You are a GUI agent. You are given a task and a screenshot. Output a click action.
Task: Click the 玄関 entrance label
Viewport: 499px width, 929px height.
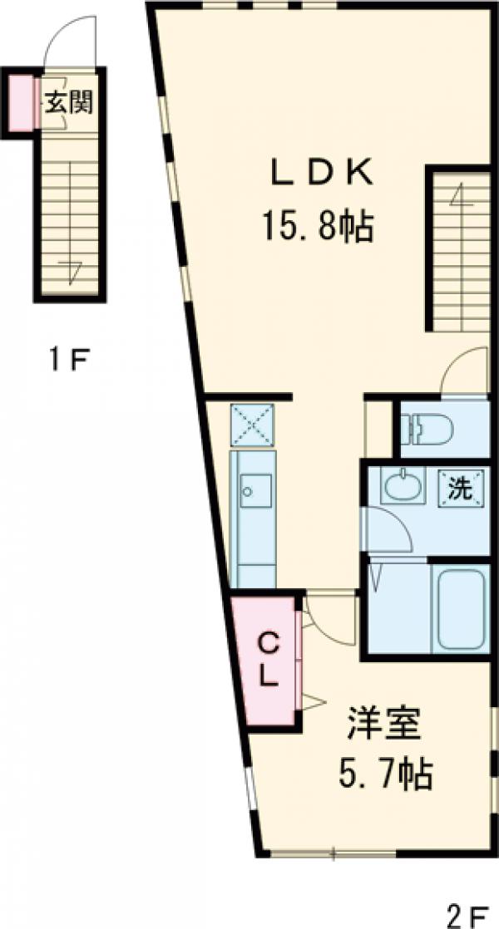[x=70, y=104]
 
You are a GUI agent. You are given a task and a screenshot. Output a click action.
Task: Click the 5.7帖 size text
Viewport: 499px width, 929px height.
[x=384, y=773]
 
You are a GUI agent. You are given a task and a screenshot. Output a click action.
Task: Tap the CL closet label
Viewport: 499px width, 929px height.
[x=269, y=660]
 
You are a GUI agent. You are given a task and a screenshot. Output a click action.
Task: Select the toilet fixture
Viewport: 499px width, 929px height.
[x=427, y=427]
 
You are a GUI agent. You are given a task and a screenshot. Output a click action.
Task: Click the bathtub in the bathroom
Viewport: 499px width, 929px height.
[x=461, y=609]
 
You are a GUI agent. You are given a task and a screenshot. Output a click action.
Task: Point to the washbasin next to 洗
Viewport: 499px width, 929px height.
[x=404, y=485]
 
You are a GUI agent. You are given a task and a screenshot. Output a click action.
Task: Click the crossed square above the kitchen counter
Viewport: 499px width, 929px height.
[x=252, y=425]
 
